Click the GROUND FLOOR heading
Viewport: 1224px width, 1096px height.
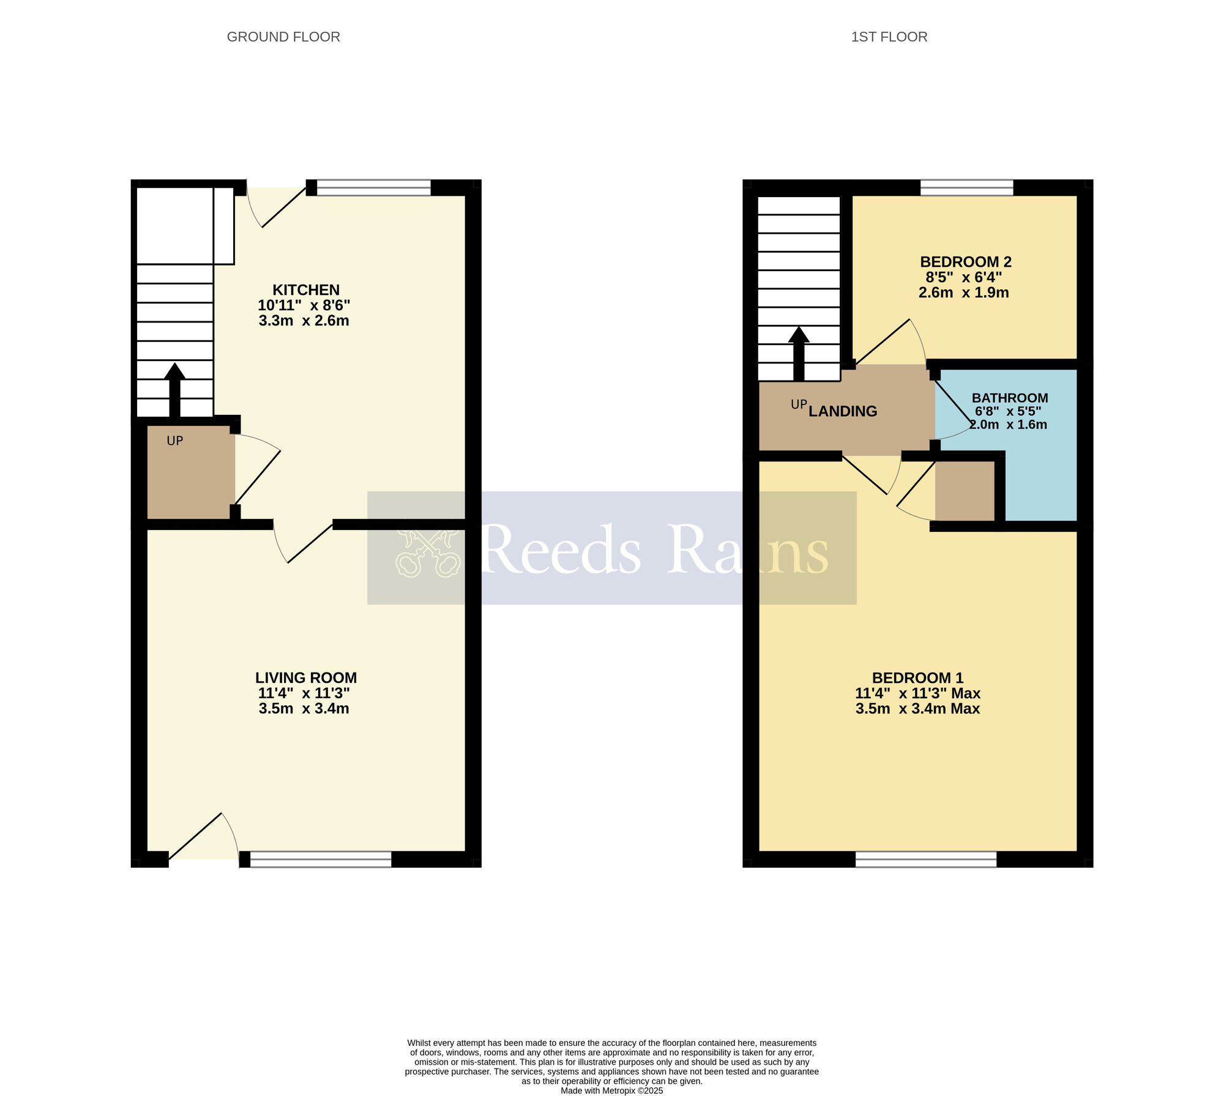pyautogui.click(x=283, y=37)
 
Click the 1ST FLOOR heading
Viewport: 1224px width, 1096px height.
pyautogui.click(x=889, y=37)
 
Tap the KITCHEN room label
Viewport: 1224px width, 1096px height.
pyautogui.click(x=305, y=289)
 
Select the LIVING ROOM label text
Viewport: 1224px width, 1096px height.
pyautogui.click(x=305, y=677)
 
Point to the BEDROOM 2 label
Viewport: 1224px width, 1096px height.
pyautogui.click(x=965, y=262)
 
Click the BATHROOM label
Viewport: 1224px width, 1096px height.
pyautogui.click(x=1009, y=398)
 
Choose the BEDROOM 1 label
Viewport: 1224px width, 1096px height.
pyautogui.click(x=917, y=677)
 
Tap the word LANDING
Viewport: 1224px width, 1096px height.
pyautogui.click(x=843, y=411)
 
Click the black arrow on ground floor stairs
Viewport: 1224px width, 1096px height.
pyautogui.click(x=175, y=389)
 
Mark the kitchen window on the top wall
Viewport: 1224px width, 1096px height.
pyautogui.click(x=373, y=187)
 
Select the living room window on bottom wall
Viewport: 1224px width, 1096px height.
pyautogui.click(x=321, y=859)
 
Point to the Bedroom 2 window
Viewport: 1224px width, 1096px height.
pyautogui.click(x=966, y=187)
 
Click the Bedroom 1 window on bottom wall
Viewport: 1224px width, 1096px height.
pyautogui.click(x=925, y=859)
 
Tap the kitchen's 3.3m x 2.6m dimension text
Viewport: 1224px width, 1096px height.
pyautogui.click(x=304, y=321)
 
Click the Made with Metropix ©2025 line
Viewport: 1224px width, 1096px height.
pyautogui.click(x=611, y=1090)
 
